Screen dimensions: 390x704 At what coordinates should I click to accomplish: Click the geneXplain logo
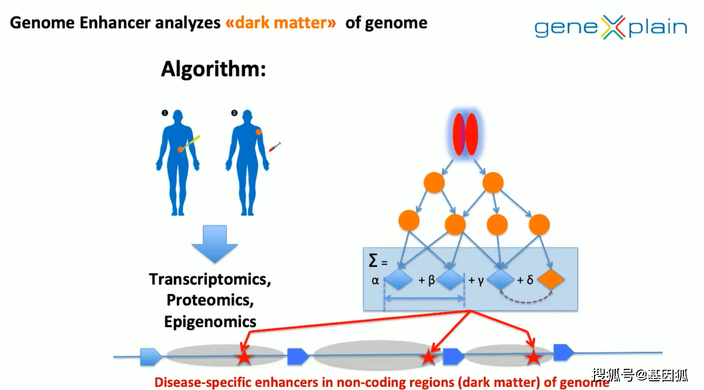[610, 27]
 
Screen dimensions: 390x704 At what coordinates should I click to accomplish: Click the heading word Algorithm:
[214, 70]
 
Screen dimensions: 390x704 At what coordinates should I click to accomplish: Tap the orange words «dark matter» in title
[281, 23]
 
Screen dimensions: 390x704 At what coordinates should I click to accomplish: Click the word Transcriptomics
[210, 279]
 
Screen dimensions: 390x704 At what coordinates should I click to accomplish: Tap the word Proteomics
[210, 300]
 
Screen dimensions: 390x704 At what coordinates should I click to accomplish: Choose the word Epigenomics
[210, 321]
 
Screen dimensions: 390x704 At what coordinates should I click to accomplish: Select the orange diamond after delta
[551, 280]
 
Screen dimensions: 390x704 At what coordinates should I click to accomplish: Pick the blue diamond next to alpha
[399, 280]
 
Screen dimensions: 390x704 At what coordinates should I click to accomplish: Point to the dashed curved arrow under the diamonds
[526, 299]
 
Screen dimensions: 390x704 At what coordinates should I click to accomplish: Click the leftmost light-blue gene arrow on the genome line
[151, 356]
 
